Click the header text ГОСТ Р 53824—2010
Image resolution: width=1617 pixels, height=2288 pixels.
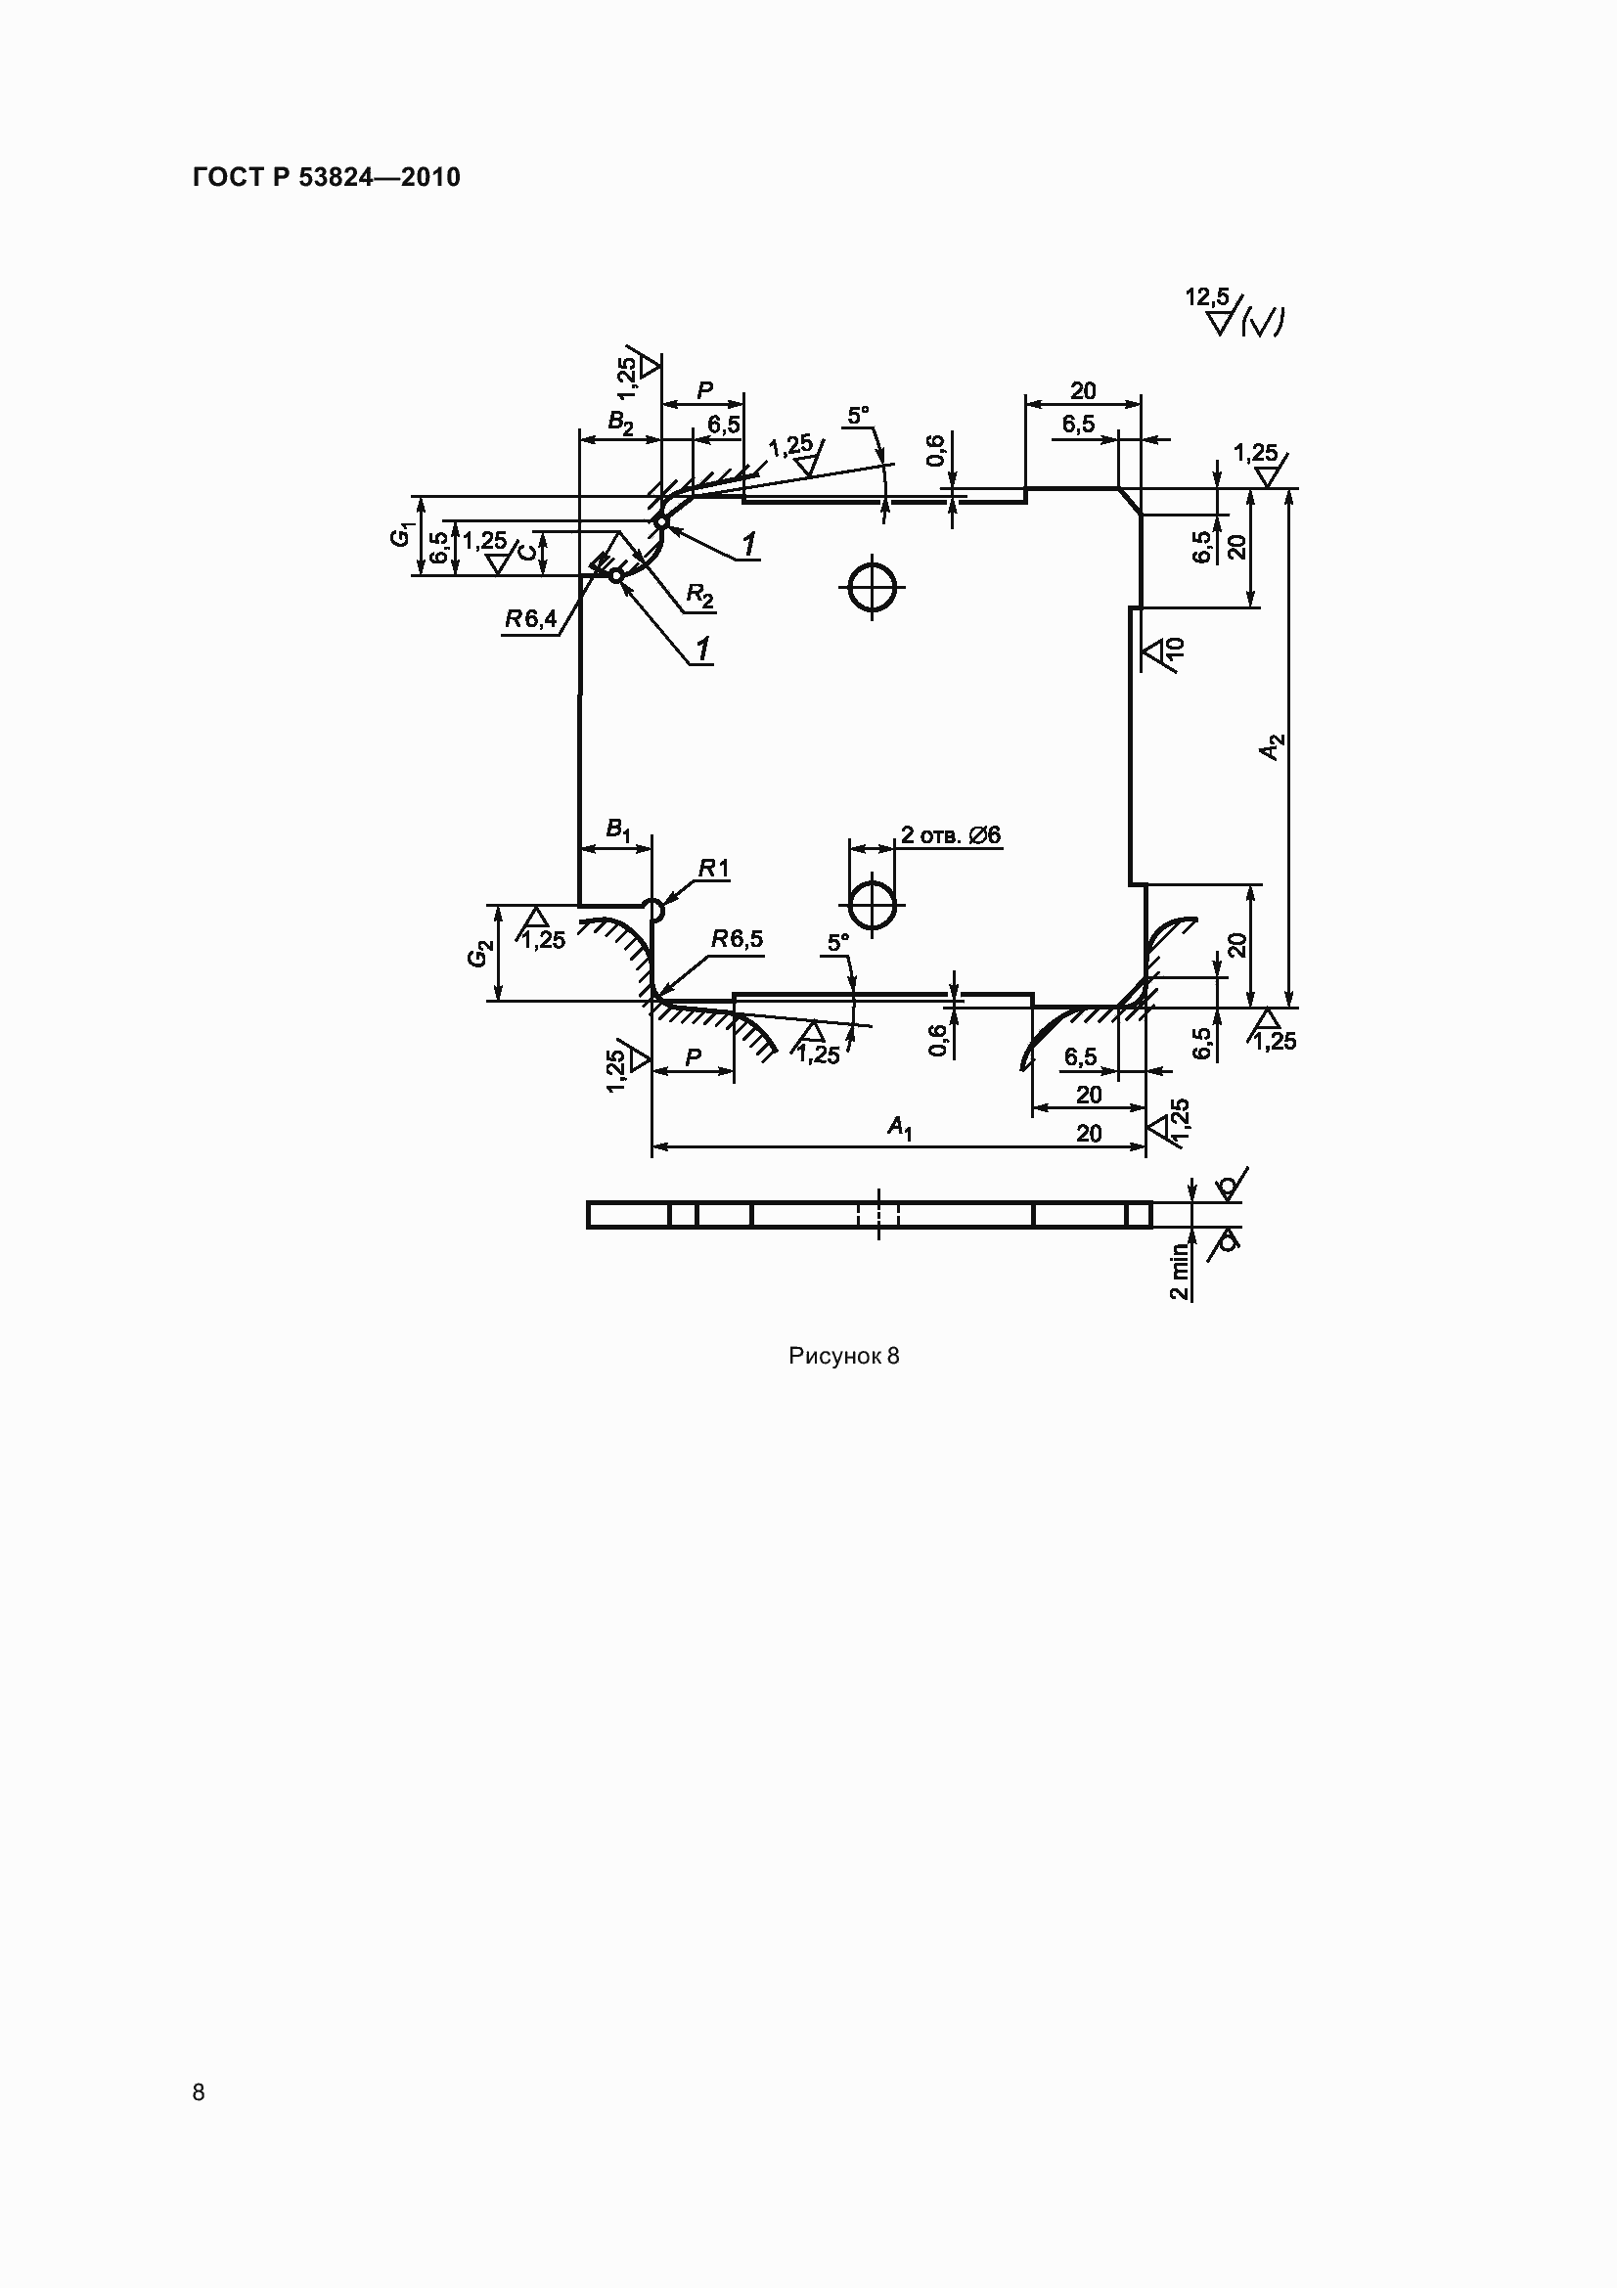click(326, 177)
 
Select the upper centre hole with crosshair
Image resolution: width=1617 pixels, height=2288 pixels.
click(873, 586)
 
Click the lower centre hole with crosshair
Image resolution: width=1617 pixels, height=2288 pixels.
click(873, 906)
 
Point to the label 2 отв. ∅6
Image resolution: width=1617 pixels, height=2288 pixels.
click(951, 835)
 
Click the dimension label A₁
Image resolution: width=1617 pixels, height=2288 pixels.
click(900, 1127)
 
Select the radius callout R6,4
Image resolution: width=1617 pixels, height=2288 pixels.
click(531, 619)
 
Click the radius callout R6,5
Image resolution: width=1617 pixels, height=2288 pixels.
click(738, 940)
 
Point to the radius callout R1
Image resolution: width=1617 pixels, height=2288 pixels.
click(713, 869)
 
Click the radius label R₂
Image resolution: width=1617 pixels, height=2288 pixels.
click(700, 597)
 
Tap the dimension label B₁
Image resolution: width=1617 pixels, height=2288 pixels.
click(618, 830)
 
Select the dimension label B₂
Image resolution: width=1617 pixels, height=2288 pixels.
click(621, 423)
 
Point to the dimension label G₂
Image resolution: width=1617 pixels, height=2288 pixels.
click(480, 954)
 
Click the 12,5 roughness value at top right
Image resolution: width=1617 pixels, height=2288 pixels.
click(1206, 297)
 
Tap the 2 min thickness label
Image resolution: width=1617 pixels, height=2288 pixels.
click(1179, 1271)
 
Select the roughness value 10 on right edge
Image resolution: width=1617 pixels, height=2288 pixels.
click(1175, 650)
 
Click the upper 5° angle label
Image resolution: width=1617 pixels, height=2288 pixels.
click(858, 415)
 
